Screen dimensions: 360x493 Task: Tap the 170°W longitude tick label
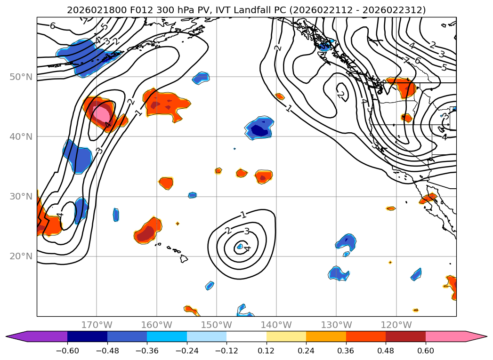(x=97, y=325)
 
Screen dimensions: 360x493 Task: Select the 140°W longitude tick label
(x=276, y=325)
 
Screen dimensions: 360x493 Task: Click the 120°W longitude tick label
(x=396, y=325)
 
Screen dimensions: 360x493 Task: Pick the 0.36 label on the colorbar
(x=346, y=350)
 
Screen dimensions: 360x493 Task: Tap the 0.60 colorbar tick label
(x=426, y=350)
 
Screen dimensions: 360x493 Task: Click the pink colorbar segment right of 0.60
(x=447, y=336)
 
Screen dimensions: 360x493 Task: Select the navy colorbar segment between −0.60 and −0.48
(x=87, y=336)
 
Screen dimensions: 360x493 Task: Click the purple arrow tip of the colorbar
(x=14, y=336)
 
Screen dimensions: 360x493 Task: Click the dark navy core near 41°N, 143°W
(x=259, y=129)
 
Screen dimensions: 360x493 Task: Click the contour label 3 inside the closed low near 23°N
(x=246, y=231)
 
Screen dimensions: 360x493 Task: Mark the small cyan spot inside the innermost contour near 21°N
(x=240, y=246)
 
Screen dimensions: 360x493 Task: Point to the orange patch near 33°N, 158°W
(x=166, y=183)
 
